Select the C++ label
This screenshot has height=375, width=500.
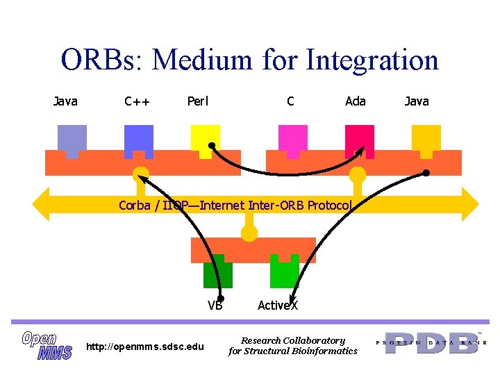point(137,101)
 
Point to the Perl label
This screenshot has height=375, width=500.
point(198,101)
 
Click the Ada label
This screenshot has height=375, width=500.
point(356,101)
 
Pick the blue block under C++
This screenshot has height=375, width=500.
point(139,138)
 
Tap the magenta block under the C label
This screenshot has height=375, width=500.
point(292,137)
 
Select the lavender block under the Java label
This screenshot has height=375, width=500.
point(72,138)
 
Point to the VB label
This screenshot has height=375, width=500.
point(215,305)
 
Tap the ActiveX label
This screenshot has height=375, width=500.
point(278,305)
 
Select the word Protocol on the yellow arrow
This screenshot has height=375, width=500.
point(330,205)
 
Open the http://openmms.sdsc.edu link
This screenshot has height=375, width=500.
point(144,346)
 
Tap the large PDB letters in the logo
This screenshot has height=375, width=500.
point(431,343)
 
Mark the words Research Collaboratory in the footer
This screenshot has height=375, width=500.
point(292,340)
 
